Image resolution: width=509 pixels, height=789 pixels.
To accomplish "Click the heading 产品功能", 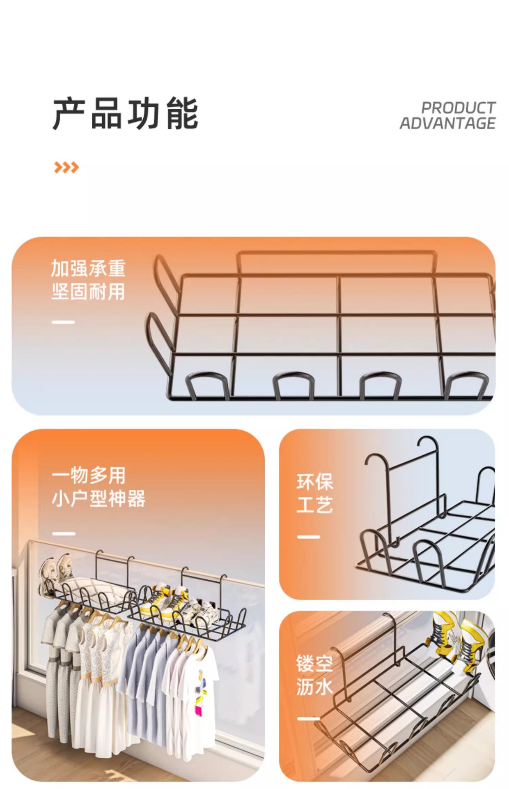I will click(x=126, y=114).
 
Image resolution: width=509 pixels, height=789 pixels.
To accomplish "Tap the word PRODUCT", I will click(x=458, y=108).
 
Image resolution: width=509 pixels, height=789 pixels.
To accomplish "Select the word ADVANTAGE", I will click(x=447, y=123).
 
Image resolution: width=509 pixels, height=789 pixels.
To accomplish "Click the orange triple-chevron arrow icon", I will click(x=66, y=167).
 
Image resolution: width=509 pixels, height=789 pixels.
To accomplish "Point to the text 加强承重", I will click(x=88, y=268).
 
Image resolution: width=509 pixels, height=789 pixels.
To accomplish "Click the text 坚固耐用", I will click(x=88, y=292).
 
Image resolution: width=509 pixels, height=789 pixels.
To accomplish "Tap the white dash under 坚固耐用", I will click(x=63, y=322).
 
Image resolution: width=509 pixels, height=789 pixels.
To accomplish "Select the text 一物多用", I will click(x=88, y=475).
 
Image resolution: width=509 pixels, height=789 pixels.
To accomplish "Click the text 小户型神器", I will click(x=98, y=499).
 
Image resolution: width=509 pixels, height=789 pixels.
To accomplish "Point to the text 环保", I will click(x=314, y=482).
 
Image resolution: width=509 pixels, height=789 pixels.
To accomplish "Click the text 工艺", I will click(x=314, y=505).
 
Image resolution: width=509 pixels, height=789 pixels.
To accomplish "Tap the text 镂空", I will click(x=314, y=663).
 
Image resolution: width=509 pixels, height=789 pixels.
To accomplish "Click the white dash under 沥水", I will click(x=308, y=719).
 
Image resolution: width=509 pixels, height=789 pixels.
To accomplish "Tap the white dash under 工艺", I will click(x=308, y=537).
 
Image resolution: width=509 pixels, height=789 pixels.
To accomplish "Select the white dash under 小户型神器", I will click(x=64, y=533).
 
